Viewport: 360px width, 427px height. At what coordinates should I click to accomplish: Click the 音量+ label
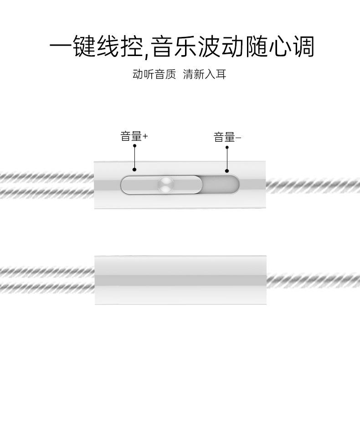134,136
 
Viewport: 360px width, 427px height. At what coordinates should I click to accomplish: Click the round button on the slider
165,185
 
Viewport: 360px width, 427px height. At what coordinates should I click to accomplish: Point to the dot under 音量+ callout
135,170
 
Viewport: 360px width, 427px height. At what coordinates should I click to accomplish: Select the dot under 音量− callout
227,171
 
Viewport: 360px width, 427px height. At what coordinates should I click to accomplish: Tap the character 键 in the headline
85,47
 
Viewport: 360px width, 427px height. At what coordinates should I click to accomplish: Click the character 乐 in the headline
185,47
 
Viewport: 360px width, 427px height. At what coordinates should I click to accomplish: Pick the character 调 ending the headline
303,47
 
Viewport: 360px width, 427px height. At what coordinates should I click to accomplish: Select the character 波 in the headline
209,47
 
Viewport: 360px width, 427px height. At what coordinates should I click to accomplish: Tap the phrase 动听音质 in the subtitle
154,74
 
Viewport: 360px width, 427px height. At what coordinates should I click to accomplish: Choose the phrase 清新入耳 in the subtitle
205,74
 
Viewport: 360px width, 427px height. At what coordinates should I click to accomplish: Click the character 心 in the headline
279,47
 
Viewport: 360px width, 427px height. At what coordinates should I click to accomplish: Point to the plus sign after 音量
145,136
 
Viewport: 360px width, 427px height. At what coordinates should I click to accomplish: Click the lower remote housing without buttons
180,280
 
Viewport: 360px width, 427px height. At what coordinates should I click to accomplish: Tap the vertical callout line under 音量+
135,157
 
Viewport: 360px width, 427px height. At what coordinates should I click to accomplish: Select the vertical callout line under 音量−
227,159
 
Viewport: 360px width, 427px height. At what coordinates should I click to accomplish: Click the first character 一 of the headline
61,47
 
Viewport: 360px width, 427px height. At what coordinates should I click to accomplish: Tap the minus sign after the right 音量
238,138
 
